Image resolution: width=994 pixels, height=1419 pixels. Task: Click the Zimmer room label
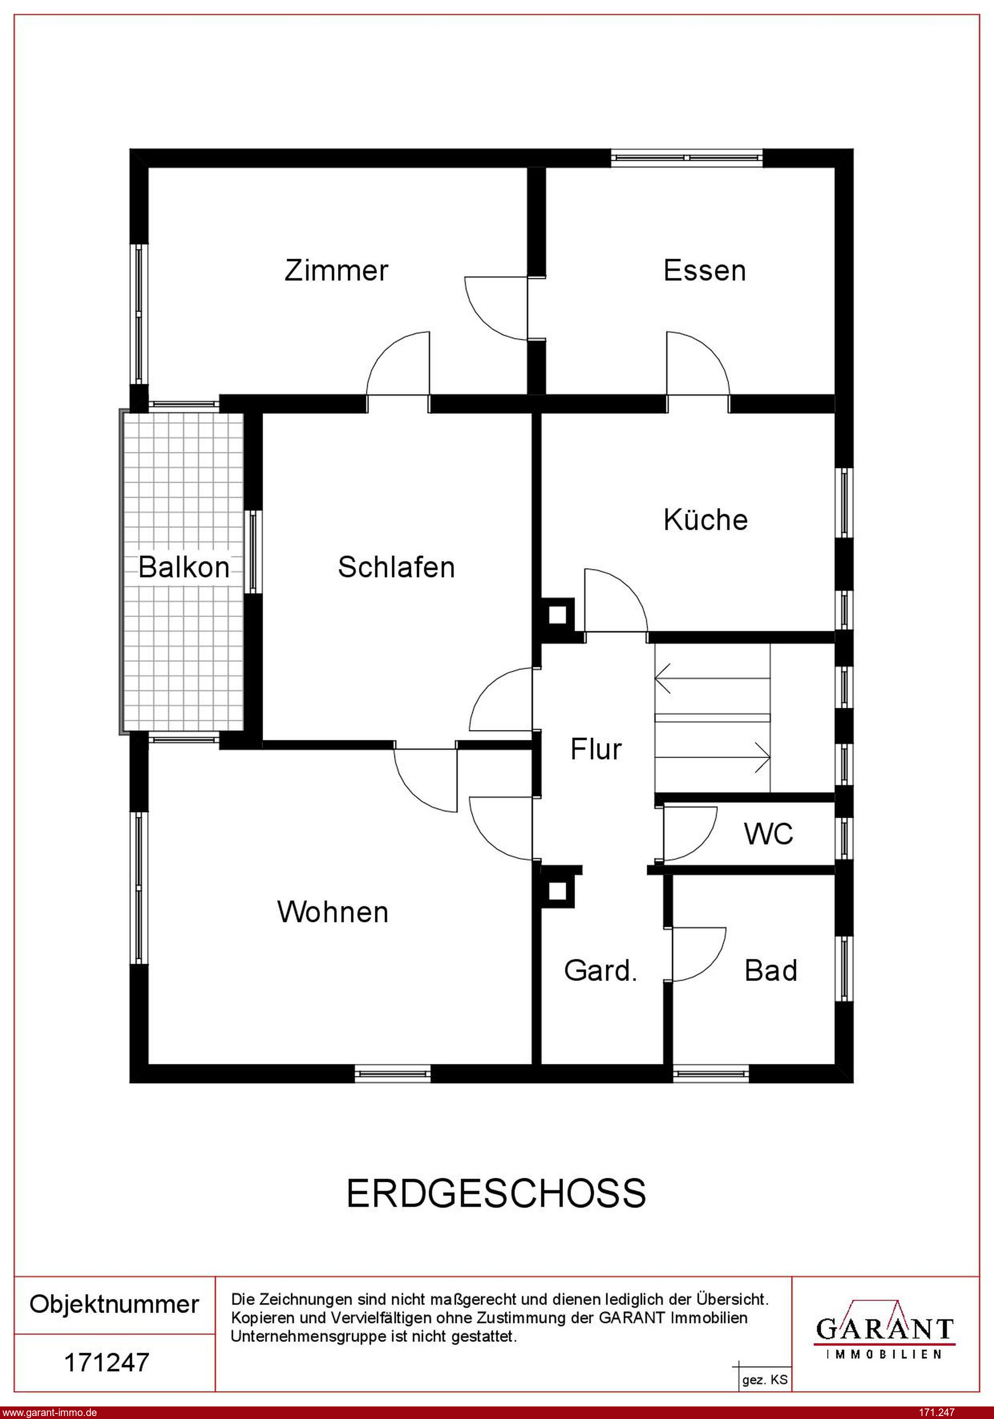pyautogui.click(x=337, y=271)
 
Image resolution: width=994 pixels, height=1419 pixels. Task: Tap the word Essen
pyautogui.click(x=705, y=271)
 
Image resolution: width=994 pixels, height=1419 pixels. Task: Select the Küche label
pyautogui.click(x=705, y=519)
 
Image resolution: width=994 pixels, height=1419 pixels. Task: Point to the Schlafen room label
pyautogui.click(x=396, y=567)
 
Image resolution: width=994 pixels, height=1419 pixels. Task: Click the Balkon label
pyautogui.click(x=184, y=567)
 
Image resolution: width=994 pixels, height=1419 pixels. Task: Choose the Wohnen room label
pyautogui.click(x=333, y=912)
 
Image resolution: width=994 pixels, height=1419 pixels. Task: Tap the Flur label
pyautogui.click(x=596, y=749)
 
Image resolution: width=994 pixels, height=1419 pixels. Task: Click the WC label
pyautogui.click(x=768, y=834)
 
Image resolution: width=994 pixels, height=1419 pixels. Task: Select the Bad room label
pyautogui.click(x=771, y=970)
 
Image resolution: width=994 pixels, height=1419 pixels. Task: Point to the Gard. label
pyautogui.click(x=600, y=970)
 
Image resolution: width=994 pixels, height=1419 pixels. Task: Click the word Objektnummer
pyautogui.click(x=115, y=1304)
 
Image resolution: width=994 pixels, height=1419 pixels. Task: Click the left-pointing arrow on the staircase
pyautogui.click(x=712, y=679)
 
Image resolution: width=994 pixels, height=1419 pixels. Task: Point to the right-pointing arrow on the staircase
pyautogui.click(x=712, y=756)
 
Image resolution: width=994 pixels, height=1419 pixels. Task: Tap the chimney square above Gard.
pyautogui.click(x=557, y=891)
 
